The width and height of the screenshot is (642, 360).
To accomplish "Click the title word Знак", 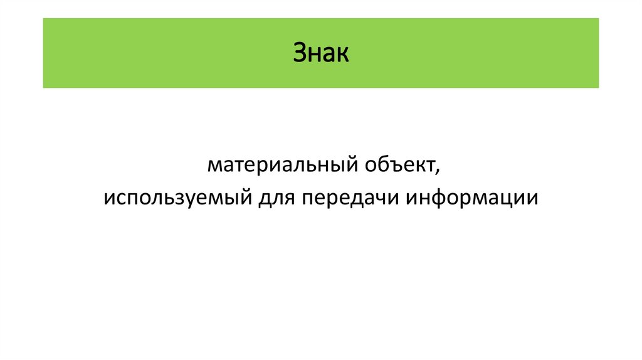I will pyautogui.click(x=320, y=53).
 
